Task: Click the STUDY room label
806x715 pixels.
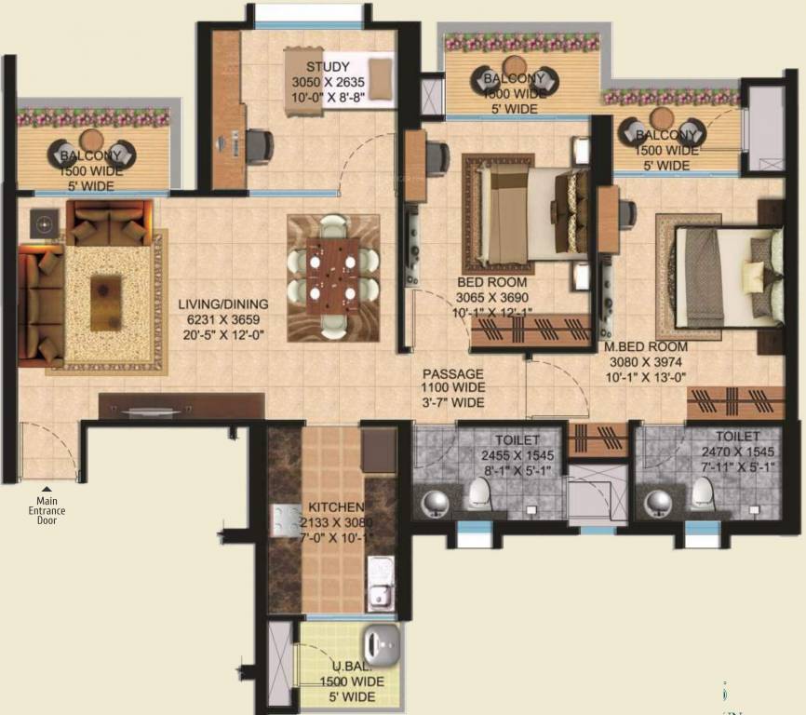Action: (x=328, y=67)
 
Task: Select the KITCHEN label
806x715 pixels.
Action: (x=336, y=507)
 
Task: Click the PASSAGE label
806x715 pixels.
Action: (x=452, y=372)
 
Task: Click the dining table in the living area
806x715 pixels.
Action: (x=333, y=277)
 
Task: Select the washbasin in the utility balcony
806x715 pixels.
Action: (x=381, y=644)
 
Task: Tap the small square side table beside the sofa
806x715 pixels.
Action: (x=43, y=221)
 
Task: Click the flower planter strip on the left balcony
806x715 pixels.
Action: (x=93, y=117)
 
